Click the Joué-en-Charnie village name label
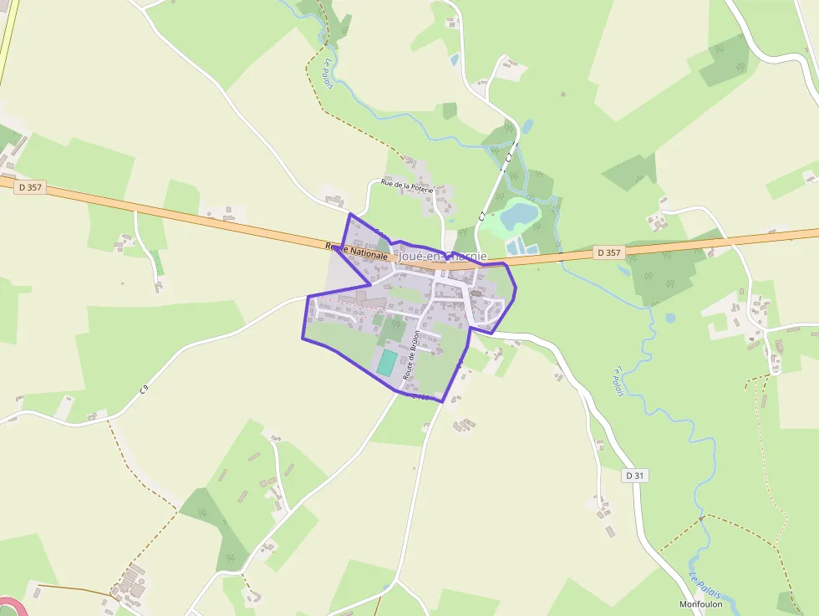pos(443,257)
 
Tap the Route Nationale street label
pos(357,250)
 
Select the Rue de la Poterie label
pos(407,186)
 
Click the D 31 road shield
pos(635,476)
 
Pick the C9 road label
pos(145,389)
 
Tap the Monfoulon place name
pos(701,604)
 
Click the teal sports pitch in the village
pos(386,363)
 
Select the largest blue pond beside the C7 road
pos(519,215)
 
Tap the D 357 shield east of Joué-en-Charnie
pos(610,252)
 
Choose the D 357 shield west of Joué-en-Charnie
pos(29,187)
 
